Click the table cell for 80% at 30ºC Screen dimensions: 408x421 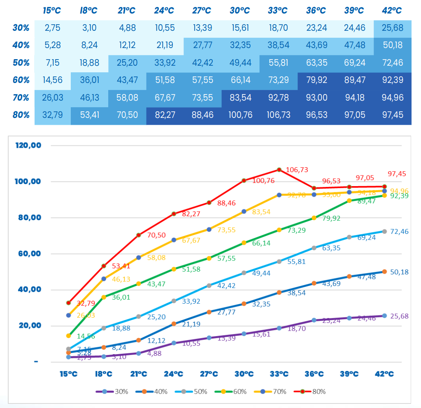(241, 115)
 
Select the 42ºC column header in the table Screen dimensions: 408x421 (392, 11)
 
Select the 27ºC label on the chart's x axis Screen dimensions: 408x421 (209, 374)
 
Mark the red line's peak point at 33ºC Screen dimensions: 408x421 (279, 170)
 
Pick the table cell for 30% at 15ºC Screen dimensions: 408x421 (53, 28)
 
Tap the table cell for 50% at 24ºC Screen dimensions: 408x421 (165, 63)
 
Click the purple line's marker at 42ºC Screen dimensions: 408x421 (384, 316)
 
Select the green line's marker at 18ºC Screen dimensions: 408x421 (104, 297)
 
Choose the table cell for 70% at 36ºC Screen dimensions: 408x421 (316, 97)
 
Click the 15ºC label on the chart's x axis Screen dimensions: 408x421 (68, 374)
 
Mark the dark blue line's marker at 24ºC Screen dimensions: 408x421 (174, 324)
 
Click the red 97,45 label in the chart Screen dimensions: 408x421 (397, 174)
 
